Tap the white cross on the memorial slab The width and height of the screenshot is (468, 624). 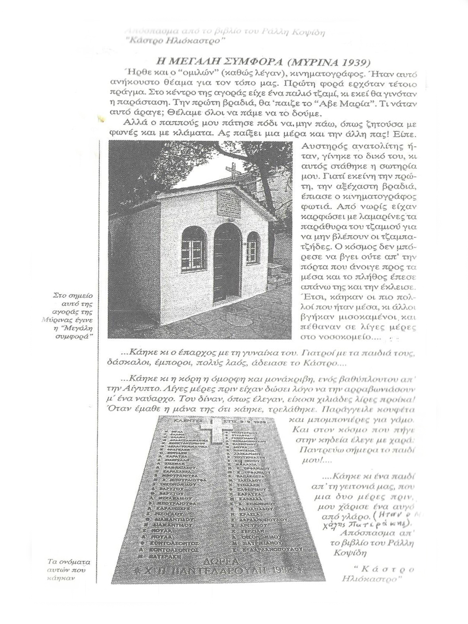click(x=212, y=430)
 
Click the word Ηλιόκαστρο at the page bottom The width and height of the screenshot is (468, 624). click(x=372, y=579)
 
